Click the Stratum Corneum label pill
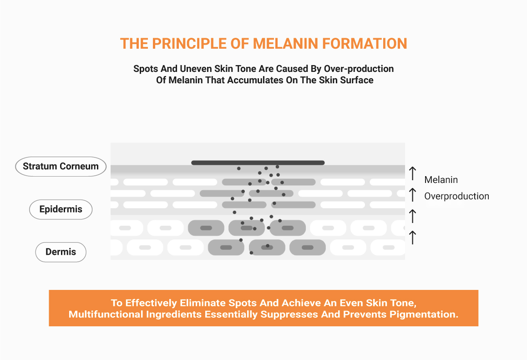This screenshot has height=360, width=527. (61, 167)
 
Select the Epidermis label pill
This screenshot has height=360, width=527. (61, 209)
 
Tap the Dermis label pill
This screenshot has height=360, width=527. (61, 252)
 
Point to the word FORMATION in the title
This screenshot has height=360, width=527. (365, 44)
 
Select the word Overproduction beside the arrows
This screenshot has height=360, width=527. (456, 196)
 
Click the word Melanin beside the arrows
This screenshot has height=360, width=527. (441, 180)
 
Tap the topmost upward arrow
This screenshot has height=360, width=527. (412, 173)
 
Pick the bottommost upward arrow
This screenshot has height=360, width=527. (412, 237)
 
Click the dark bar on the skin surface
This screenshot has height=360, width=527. (258, 162)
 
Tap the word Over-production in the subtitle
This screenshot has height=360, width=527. (359, 69)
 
